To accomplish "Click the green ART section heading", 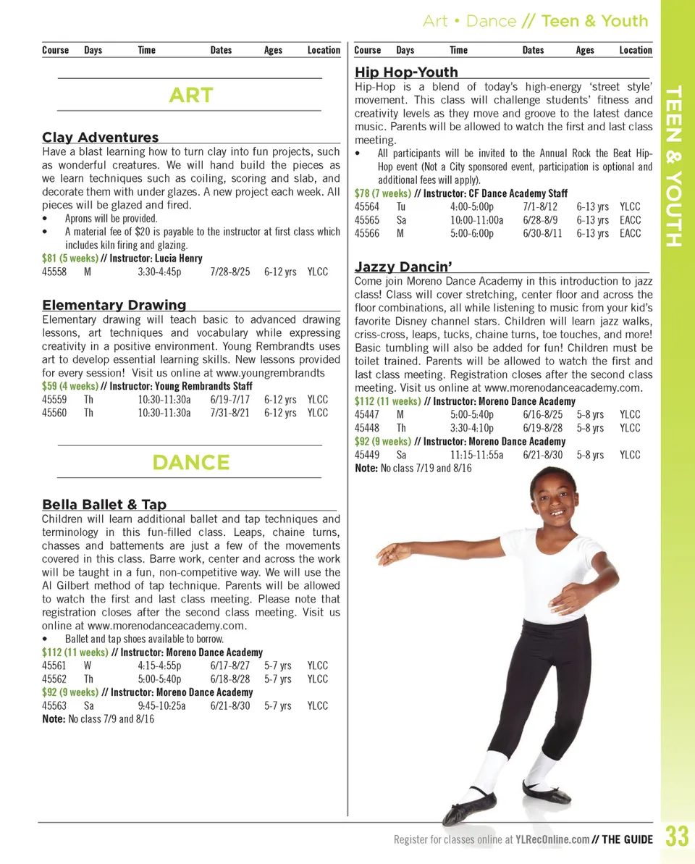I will [190, 95].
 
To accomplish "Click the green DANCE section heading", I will [190, 462].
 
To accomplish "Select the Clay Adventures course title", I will [100, 137].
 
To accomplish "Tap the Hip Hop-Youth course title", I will [406, 72].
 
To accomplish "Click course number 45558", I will [54, 272].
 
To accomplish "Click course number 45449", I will [366, 455].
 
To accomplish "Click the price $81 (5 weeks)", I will [69, 259].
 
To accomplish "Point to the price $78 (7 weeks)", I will [382, 193].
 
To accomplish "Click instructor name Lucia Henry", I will [178, 259].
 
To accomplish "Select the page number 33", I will [677, 838].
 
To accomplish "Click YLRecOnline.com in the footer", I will [552, 840].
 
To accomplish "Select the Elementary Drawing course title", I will [114, 305].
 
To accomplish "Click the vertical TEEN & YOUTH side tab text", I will [674, 166].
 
